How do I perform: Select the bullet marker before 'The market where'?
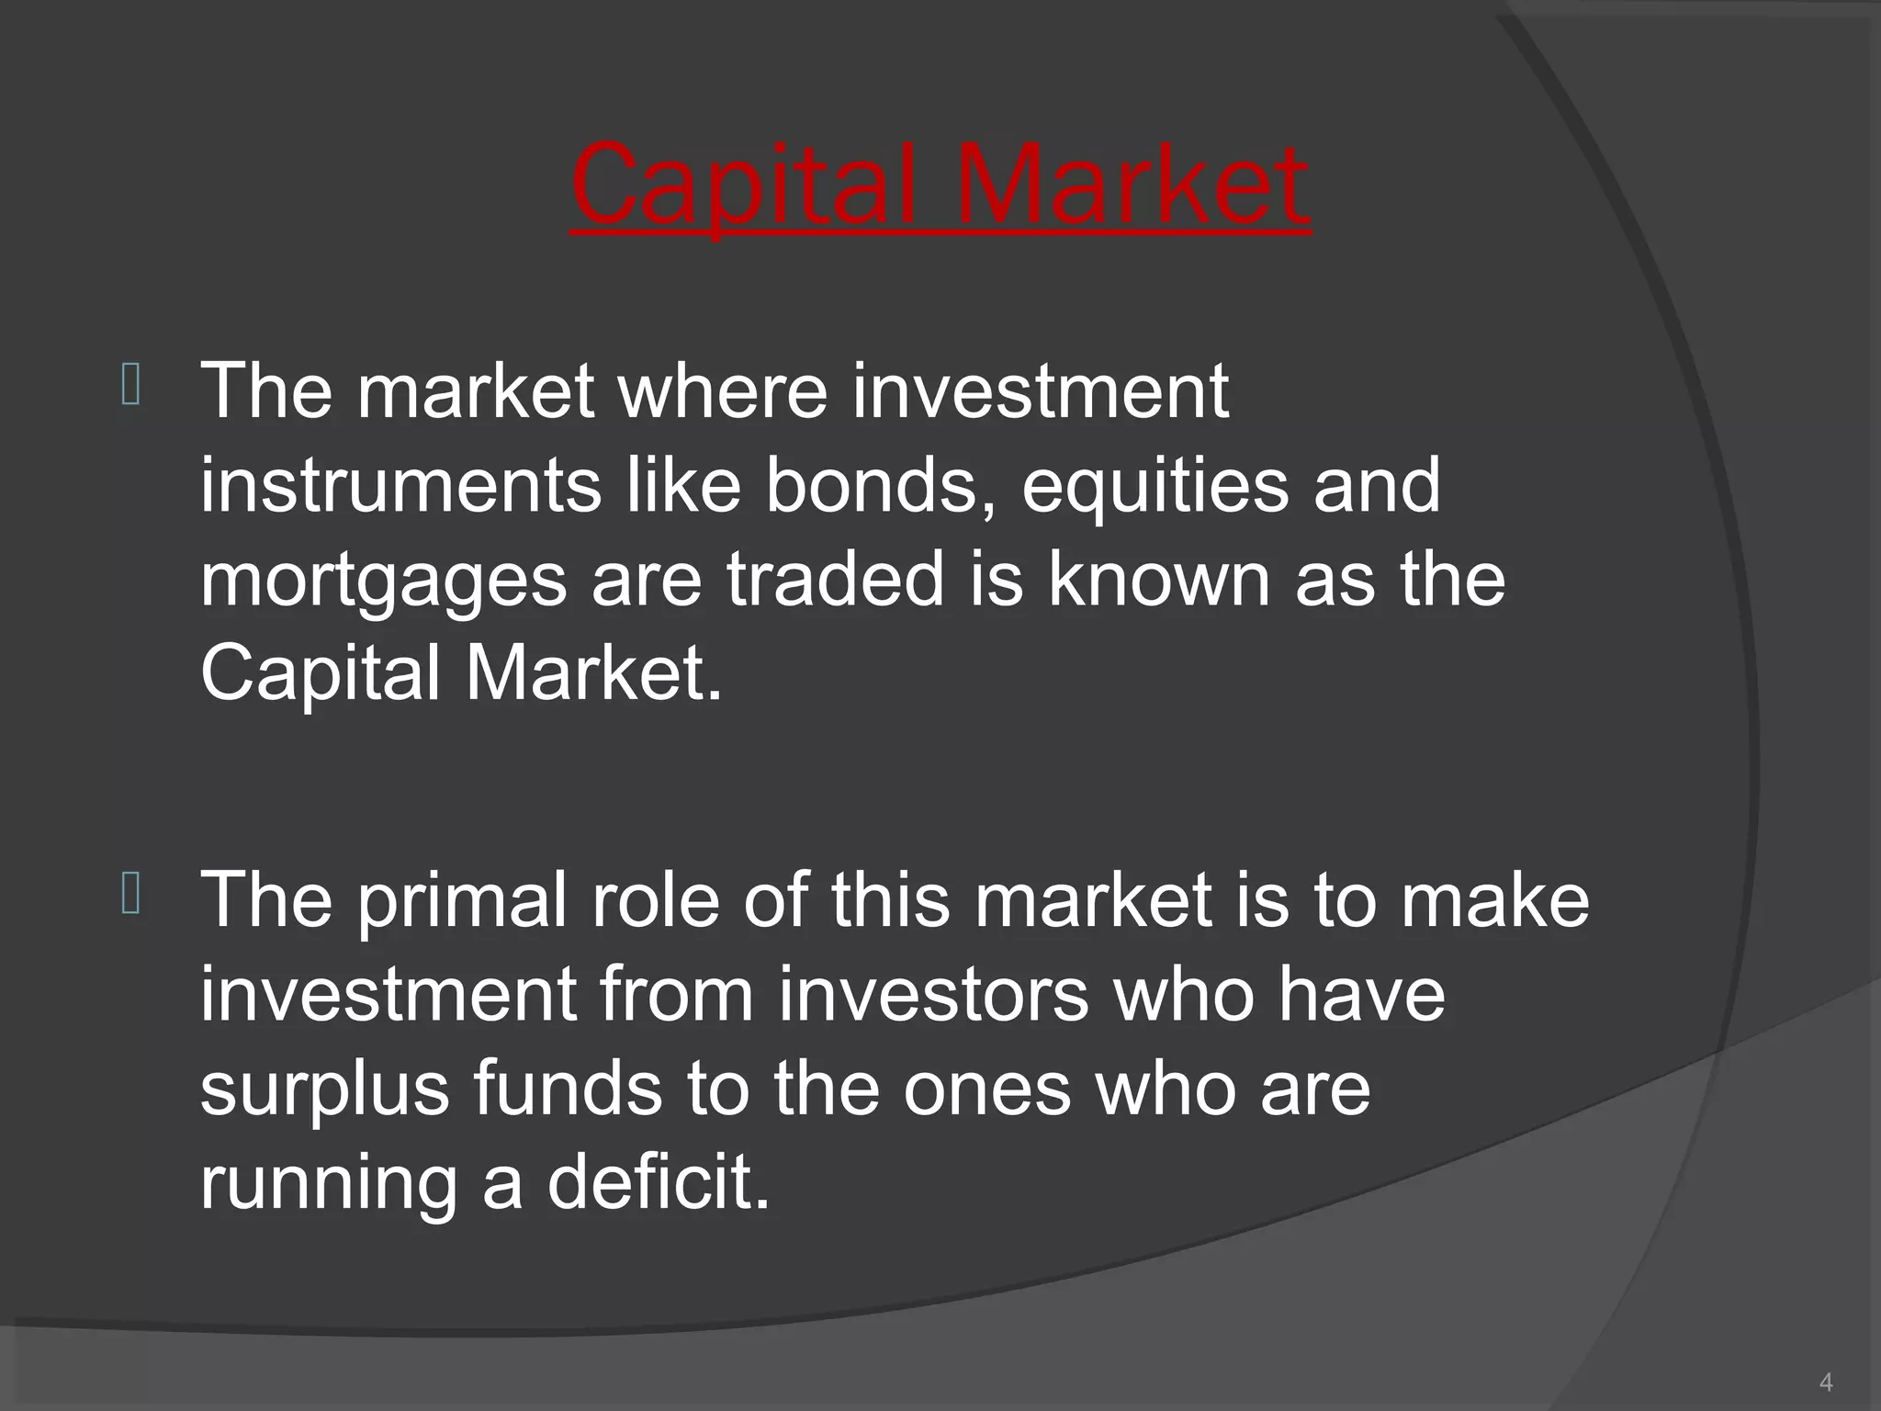pyautogui.click(x=130, y=386)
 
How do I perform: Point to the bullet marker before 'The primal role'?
pyautogui.click(x=130, y=895)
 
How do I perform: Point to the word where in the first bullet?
pyautogui.click(x=722, y=391)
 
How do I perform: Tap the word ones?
pyautogui.click(x=986, y=1089)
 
